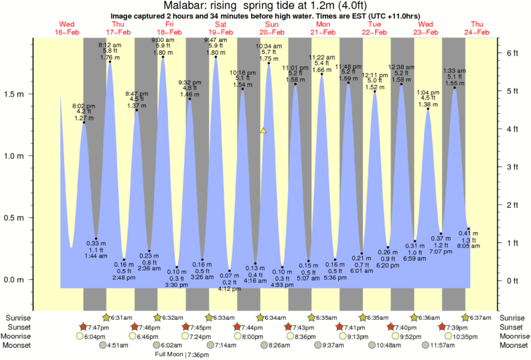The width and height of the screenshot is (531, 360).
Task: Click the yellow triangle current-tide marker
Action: [x=263, y=130]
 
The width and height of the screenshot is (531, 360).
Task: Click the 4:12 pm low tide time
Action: [x=230, y=289]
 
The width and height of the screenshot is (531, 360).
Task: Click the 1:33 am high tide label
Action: [x=455, y=70]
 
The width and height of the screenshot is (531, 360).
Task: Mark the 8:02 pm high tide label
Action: [x=84, y=106]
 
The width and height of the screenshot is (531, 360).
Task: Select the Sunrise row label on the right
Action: [x=514, y=317]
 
